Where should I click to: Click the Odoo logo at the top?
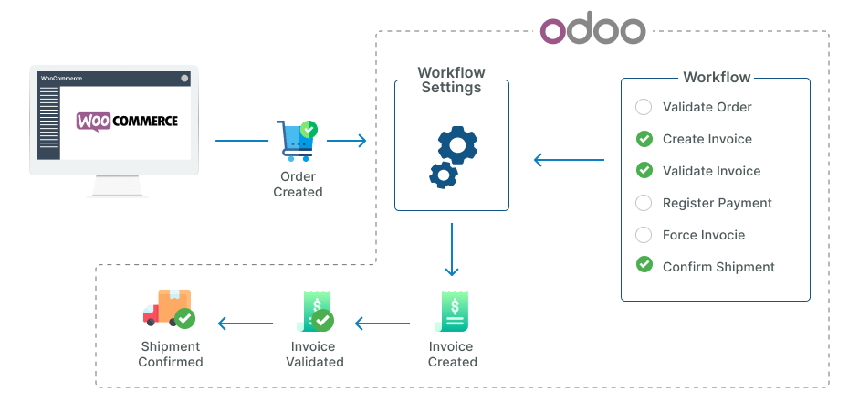coord(592,29)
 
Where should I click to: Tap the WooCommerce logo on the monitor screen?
coord(127,122)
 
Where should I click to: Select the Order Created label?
coord(298,185)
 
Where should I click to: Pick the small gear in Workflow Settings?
coord(443,174)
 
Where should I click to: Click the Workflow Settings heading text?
coord(451,80)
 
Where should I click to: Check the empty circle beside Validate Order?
coord(644,107)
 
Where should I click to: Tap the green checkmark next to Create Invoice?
coord(644,139)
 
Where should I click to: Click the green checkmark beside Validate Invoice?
coord(644,171)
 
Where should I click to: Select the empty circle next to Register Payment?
coord(644,203)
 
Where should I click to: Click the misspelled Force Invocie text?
coord(703,235)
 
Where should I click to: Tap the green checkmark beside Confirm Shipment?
coord(644,266)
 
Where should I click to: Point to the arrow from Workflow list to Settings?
coord(569,161)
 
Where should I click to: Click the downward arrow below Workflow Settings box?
coord(451,249)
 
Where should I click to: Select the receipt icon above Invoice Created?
coord(452,312)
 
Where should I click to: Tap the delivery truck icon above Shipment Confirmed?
coord(169,310)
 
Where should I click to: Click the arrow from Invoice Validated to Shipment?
coord(245,323)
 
